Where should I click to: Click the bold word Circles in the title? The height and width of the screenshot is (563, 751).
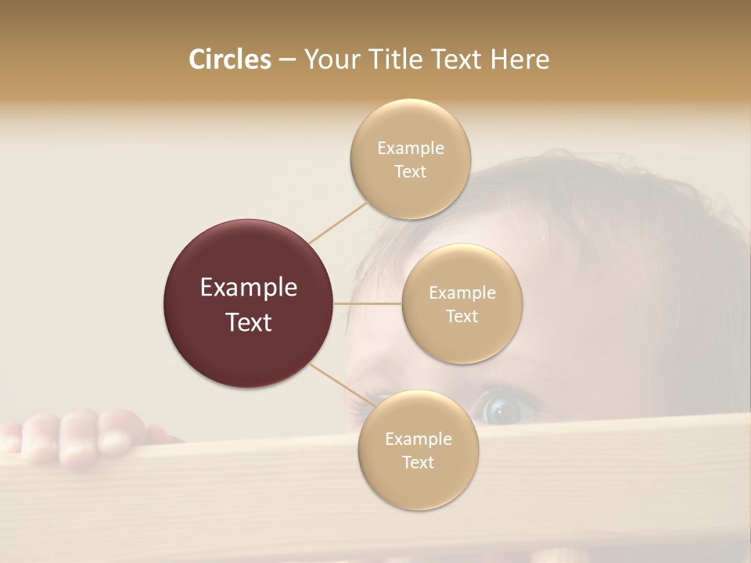pyautogui.click(x=230, y=59)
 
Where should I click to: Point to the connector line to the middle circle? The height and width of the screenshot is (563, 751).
pyautogui.click(x=368, y=303)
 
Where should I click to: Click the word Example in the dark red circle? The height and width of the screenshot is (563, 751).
pyautogui.click(x=249, y=288)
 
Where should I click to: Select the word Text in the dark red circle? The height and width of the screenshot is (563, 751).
pyautogui.click(x=249, y=322)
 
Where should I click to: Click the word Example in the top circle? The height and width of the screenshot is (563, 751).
pyautogui.click(x=410, y=149)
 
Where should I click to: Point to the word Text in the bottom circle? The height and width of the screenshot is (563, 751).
pyautogui.click(x=418, y=462)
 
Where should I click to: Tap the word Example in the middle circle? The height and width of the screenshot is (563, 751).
pyautogui.click(x=462, y=293)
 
